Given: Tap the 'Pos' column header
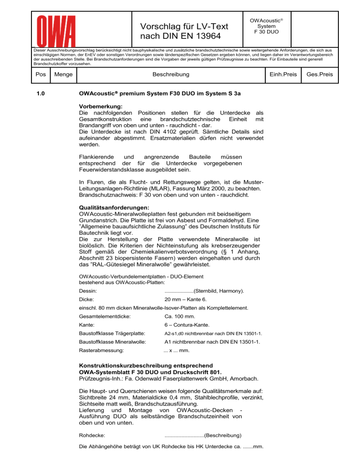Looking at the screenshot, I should (x=41, y=74).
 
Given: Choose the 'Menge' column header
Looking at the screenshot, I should (x=63, y=74).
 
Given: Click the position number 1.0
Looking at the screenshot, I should (x=42, y=96).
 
